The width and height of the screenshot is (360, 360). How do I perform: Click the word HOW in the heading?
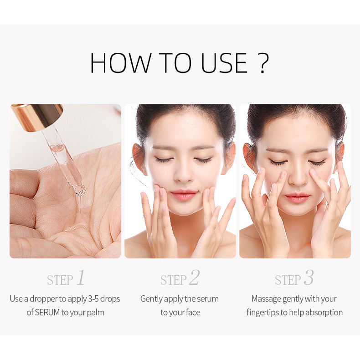click(119, 63)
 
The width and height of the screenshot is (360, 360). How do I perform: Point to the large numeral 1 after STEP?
click(81, 278)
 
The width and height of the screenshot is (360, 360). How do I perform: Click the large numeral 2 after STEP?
click(194, 278)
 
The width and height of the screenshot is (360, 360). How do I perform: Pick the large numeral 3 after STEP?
click(309, 278)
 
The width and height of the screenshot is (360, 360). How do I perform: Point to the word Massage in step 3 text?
click(266, 299)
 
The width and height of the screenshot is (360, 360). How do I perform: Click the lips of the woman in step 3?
click(297, 196)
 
